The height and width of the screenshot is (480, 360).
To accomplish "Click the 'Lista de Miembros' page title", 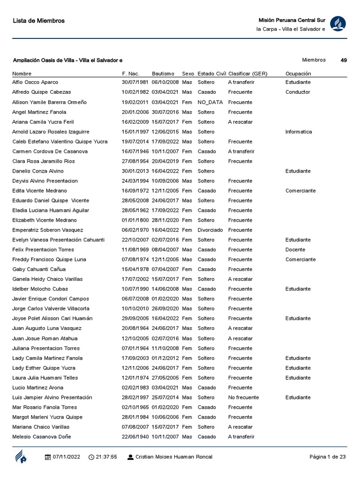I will (x=38, y=21).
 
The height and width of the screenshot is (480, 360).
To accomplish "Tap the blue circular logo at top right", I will (x=338, y=24).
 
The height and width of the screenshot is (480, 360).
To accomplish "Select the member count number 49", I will (x=344, y=60).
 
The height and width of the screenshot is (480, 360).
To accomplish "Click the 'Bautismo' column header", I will (x=163, y=74).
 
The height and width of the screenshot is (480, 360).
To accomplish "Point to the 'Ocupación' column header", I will (x=298, y=74).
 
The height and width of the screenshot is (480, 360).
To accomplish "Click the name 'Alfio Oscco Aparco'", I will (x=35, y=82).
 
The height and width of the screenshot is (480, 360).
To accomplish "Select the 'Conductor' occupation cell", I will (x=298, y=92).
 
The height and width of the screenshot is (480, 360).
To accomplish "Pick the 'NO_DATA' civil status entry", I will (x=210, y=102).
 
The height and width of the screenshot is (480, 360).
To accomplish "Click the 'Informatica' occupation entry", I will (x=299, y=132).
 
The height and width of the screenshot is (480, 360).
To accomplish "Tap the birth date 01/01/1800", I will (x=135, y=220).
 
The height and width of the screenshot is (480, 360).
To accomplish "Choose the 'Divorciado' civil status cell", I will (x=210, y=230).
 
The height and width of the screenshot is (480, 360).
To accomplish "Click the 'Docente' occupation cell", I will (x=295, y=249).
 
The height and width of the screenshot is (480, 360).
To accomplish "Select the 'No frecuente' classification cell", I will (x=243, y=397).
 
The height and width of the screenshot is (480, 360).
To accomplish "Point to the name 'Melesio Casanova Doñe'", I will (x=42, y=436).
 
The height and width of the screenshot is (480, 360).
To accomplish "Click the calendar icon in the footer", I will (x=47, y=457).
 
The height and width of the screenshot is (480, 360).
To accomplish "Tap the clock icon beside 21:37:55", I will (x=91, y=457).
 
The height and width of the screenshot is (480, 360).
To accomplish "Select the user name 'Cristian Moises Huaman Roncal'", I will (x=173, y=457).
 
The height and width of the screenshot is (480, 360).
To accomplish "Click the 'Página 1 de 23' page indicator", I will (x=328, y=457).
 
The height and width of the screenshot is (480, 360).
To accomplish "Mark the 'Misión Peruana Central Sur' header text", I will (x=292, y=20).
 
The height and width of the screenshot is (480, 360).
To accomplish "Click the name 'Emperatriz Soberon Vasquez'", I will (x=48, y=230).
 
